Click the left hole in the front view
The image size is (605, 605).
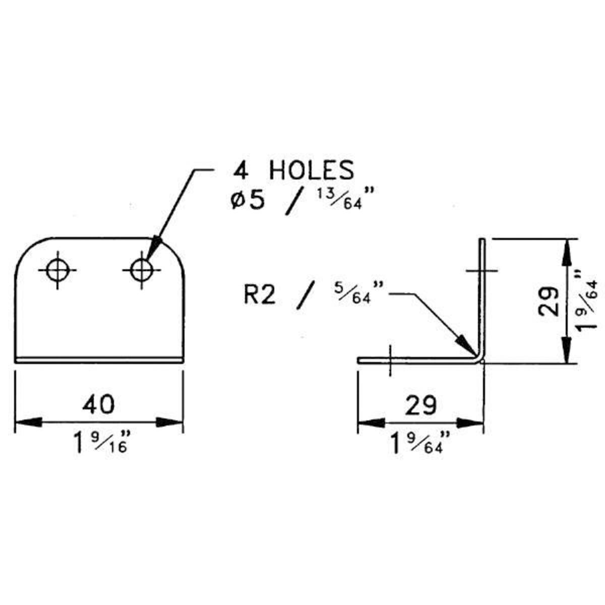coord(58,270)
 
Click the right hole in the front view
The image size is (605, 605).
coord(142,270)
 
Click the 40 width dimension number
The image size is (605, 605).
coord(99,404)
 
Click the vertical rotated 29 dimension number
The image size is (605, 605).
coord(548,301)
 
